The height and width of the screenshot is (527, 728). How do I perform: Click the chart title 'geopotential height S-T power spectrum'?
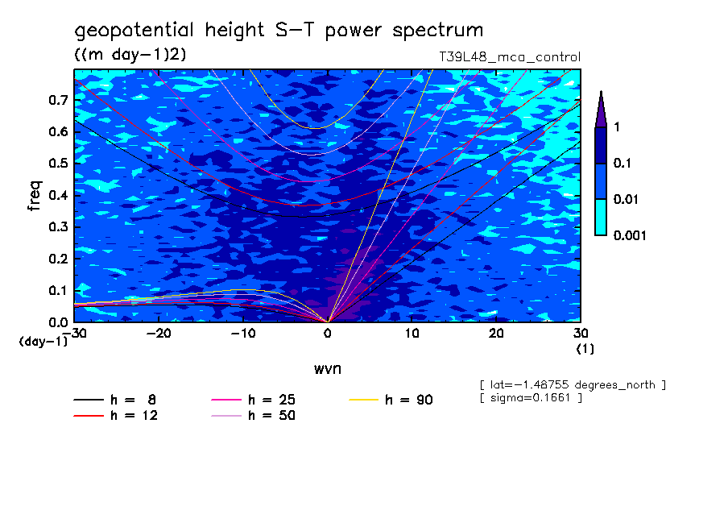(279, 31)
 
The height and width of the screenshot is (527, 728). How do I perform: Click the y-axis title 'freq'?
(34, 196)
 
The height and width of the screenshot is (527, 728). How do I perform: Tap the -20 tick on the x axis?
(158, 333)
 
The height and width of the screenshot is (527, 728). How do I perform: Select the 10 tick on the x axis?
(412, 333)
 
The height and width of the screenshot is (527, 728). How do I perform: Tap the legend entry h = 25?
(271, 400)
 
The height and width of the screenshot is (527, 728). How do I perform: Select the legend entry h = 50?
(271, 416)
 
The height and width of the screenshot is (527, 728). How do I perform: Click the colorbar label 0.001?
(629, 235)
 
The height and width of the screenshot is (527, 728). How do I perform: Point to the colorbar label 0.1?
(622, 164)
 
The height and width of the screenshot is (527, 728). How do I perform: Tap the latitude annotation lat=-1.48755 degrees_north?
(572, 384)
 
